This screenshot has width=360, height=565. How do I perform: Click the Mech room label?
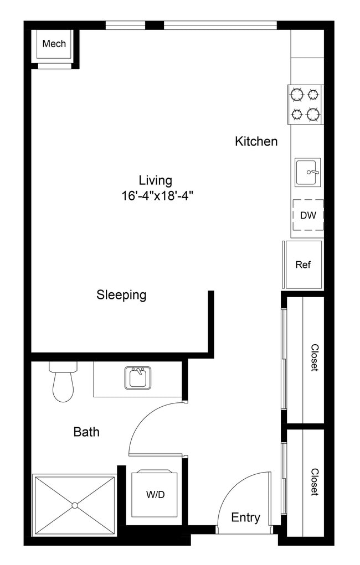pos(54,44)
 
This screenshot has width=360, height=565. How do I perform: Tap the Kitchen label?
pos(256,142)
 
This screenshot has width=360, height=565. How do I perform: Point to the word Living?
pos(155,180)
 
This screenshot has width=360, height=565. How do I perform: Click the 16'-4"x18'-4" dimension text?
pos(157,195)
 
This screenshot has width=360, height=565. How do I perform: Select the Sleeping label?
pos(121,295)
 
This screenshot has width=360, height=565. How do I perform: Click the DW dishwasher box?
pos(308,215)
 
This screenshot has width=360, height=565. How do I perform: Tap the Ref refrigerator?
pos(303,265)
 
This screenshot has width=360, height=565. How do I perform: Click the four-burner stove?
pos(306,104)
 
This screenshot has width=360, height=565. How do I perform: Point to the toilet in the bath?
pos(62,382)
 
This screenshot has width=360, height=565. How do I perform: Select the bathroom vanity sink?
pos(137,379)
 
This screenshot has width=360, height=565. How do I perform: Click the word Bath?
pos(86,432)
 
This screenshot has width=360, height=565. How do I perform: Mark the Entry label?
pos(245,518)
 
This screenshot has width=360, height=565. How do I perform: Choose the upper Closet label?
pos(314,358)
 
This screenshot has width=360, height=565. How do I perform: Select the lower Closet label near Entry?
pos(314,481)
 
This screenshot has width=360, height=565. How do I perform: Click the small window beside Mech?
pos(125,25)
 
